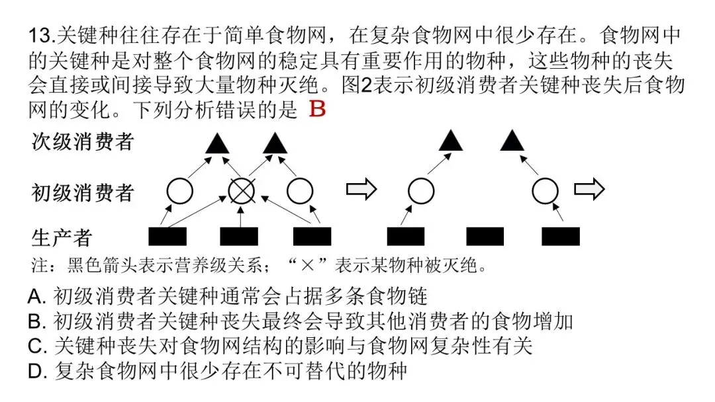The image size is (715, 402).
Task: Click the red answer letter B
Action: point(318,109)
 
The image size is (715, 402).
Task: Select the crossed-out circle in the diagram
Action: point(242,191)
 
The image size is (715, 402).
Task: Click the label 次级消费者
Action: point(83,141)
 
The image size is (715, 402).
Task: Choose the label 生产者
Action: point(62,236)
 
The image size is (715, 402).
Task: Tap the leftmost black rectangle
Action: point(167,236)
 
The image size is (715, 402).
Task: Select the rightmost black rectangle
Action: point(561,236)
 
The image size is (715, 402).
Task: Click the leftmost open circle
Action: point(179,191)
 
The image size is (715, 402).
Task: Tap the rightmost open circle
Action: point(545,191)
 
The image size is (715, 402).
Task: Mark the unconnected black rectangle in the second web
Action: point(485,236)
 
